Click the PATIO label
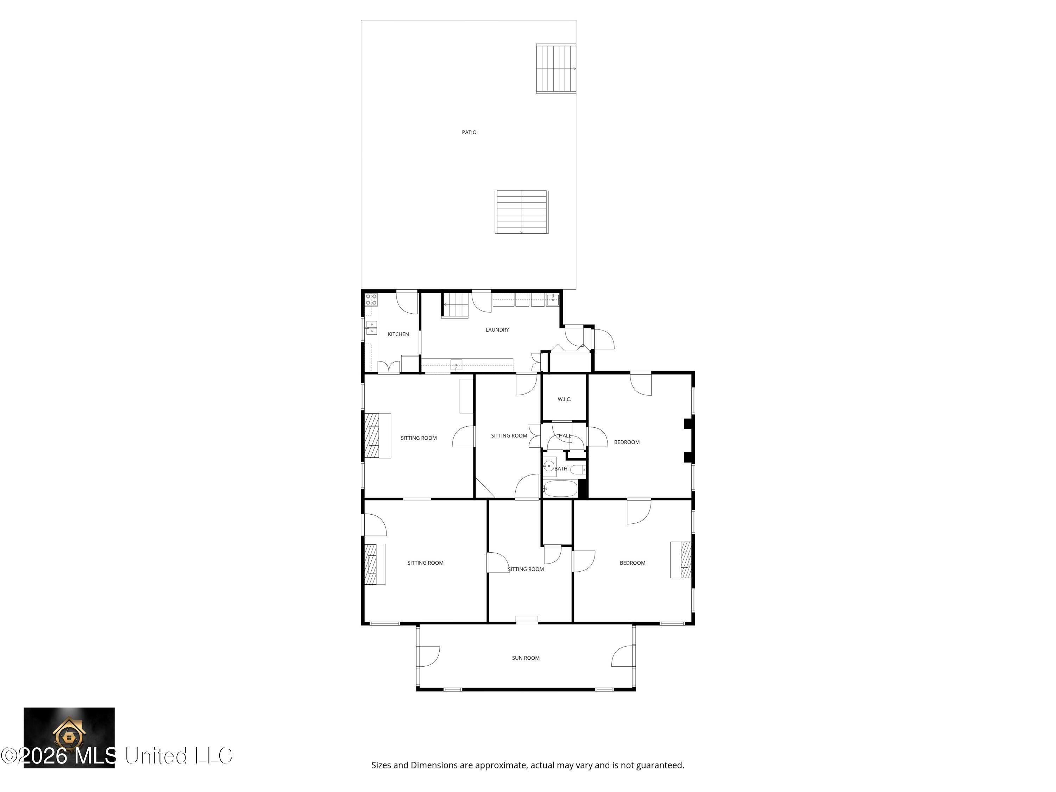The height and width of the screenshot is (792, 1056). pyautogui.click(x=469, y=132)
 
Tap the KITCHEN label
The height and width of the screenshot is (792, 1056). pyautogui.click(x=398, y=334)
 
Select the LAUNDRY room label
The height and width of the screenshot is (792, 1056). pyautogui.click(x=497, y=330)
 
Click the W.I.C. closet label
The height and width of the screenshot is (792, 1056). pyautogui.click(x=564, y=399)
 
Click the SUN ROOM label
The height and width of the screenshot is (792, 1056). pyautogui.click(x=526, y=658)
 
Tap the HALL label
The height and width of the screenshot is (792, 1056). pyautogui.click(x=565, y=436)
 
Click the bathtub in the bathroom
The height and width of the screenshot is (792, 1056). pyautogui.click(x=560, y=489)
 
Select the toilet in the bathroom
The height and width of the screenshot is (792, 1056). pyautogui.click(x=579, y=470)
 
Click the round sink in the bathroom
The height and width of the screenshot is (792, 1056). pyautogui.click(x=549, y=465)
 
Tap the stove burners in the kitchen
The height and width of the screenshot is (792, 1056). pyautogui.click(x=371, y=300)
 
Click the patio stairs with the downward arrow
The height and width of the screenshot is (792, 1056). pyautogui.click(x=521, y=212)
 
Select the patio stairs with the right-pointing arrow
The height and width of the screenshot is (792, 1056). pyautogui.click(x=556, y=69)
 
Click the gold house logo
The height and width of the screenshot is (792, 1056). pyautogui.click(x=69, y=732)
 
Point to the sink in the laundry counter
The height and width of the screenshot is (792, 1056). pyautogui.click(x=456, y=365)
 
